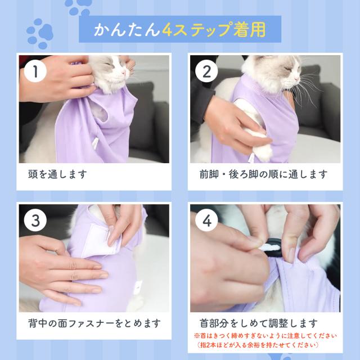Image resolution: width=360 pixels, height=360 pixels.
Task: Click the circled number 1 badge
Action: coord(35,71)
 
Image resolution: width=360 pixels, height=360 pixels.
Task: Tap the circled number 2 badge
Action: coord(206,71)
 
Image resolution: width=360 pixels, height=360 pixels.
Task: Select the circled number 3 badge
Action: coord(35,220)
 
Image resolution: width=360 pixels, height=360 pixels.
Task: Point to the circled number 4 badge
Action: coord(206,220)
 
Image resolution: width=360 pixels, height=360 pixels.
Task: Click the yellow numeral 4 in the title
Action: coord(167,30)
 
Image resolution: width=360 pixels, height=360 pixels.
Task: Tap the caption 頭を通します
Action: coord(57,174)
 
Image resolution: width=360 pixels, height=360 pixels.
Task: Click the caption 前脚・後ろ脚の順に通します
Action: coord(263,174)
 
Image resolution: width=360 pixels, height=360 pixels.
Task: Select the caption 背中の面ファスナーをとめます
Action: coord(94,323)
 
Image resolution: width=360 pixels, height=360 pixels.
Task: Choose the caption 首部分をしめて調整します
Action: coord(259,323)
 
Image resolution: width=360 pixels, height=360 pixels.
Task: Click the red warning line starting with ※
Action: coord(265,336)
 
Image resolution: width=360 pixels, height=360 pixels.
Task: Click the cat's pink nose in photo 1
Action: coord(124,73)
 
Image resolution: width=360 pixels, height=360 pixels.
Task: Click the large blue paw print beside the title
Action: coord(40,34)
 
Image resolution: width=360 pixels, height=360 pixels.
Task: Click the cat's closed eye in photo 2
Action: coord(287,68)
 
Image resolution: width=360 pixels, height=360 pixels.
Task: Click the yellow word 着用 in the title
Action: coord(249,30)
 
